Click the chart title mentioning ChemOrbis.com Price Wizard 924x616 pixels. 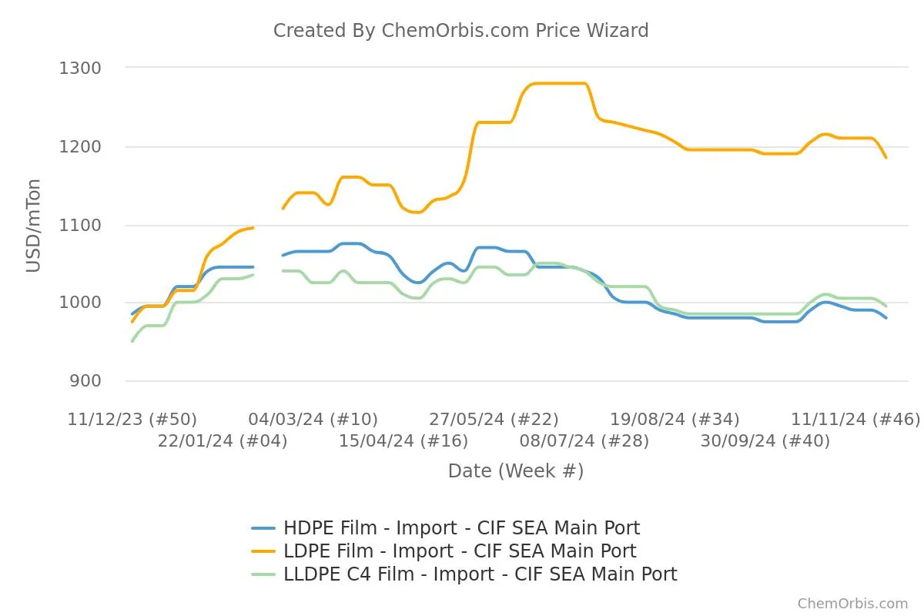tap(460, 31)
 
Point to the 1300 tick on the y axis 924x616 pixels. tap(80, 69)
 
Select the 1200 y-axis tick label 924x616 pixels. tap(80, 147)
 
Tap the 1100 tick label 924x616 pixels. tap(80, 226)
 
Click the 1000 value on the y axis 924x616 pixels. tap(80, 303)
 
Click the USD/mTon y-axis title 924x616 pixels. tap(34, 225)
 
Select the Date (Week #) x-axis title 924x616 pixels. tap(515, 470)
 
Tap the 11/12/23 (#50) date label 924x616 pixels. tap(132, 420)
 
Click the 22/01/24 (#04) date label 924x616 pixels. tap(223, 441)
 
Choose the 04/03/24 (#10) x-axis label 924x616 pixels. tap(313, 420)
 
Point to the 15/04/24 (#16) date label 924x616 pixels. tap(403, 441)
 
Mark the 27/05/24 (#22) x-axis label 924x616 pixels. tap(494, 420)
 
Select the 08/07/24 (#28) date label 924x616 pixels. tap(584, 441)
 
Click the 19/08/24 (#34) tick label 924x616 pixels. tap(675, 420)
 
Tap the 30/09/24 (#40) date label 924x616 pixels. tap(765, 441)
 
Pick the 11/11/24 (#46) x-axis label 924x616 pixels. tap(855, 420)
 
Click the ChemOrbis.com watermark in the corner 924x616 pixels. tap(852, 604)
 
